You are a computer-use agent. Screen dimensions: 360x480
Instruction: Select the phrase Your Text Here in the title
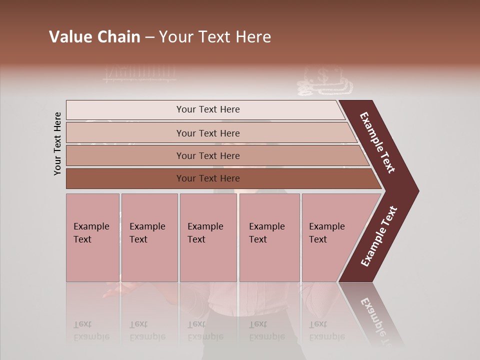pyautogui.click(x=215, y=37)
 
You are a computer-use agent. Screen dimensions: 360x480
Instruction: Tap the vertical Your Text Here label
pyautogui.click(x=57, y=144)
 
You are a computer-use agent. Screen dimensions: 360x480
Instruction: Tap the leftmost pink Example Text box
pyautogui.click(x=92, y=237)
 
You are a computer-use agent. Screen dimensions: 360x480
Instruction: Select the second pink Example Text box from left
pyautogui.click(x=149, y=237)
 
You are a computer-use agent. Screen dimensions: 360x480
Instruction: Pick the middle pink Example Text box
pyautogui.click(x=208, y=237)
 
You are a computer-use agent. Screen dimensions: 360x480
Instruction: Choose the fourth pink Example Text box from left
pyautogui.click(x=269, y=237)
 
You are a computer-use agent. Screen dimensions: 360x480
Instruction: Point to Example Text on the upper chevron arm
pyautogui.click(x=377, y=143)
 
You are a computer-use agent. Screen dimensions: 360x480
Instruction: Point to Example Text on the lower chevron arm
pyautogui.click(x=379, y=236)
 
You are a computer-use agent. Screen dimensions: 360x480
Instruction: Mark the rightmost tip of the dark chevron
pyautogui.click(x=417, y=190)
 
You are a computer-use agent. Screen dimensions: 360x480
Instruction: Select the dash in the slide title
pyautogui.click(x=149, y=37)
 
